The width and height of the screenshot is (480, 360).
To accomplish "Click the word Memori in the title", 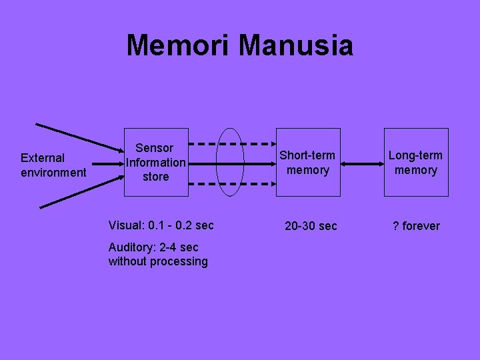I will coord(178,46).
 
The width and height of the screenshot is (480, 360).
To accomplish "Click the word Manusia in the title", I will coord(295,46).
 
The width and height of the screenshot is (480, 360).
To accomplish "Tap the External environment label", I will coord(53,165).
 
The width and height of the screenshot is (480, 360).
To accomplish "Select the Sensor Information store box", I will coord(156,162).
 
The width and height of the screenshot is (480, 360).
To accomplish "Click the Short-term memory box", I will coord(307,162).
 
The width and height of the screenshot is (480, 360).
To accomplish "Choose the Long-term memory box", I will coord(415,162).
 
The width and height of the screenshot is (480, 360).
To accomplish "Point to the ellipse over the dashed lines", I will coord(231,162).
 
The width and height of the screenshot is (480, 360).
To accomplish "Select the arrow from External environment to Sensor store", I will coord(107,162).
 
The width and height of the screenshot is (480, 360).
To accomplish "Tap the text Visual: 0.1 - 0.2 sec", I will coord(161,225).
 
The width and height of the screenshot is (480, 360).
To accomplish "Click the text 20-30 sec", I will coord(311,226).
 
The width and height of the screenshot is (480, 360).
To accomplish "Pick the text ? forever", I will coord(416,226).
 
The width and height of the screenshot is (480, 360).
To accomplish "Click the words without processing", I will coord(158,261).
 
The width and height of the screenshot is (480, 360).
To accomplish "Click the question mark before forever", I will coord(396,226).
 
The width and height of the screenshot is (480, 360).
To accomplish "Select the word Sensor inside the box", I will coord(155,148).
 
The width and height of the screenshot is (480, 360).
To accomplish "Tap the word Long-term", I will coord(415,155).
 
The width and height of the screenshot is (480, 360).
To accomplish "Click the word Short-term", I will coord(307,155).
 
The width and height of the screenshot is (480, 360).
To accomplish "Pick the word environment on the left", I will coord(53,173).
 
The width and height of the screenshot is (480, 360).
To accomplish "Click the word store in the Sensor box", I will coord(156,177).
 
